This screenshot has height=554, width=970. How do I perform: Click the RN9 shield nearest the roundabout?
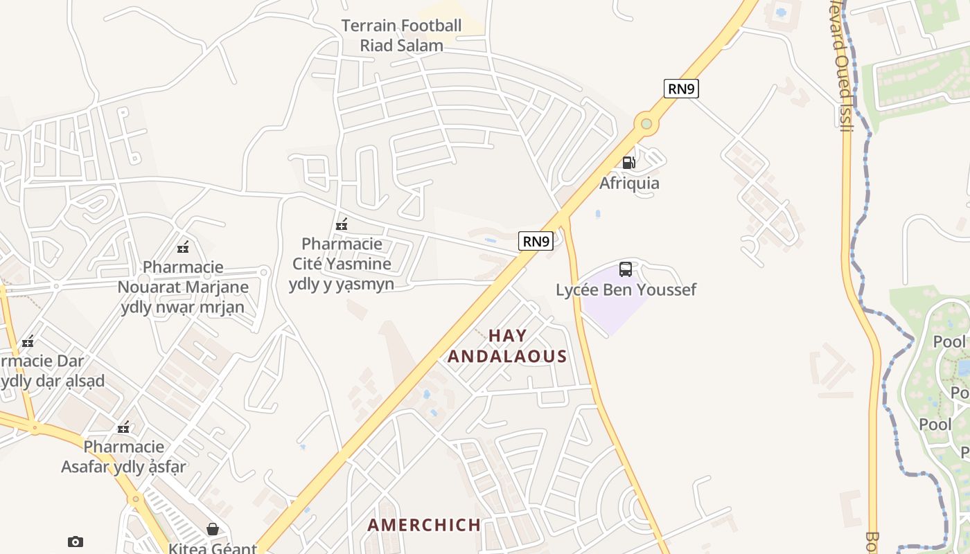point(681,89)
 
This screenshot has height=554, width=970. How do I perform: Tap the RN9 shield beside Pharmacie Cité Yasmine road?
point(536,241)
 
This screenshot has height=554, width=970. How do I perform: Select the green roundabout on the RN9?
point(646,124)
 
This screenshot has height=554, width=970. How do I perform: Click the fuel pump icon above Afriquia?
point(628,163)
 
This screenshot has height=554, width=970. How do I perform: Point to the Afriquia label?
point(629,184)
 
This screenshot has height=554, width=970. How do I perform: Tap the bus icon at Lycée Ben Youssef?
point(625,269)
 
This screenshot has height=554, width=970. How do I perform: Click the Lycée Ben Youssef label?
point(626,289)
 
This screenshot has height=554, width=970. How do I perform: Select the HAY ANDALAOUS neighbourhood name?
point(507,346)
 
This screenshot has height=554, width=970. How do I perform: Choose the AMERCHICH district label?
point(424,525)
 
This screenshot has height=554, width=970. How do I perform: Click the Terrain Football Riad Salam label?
point(401,36)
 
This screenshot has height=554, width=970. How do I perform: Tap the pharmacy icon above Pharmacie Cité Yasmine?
point(341,224)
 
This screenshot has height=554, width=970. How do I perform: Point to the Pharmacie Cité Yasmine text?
point(342,264)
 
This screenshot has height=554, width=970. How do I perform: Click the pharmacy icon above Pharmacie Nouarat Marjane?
point(183,247)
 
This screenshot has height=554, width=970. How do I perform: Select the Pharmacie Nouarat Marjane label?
point(183,287)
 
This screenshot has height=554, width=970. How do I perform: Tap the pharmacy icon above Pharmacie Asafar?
point(124,427)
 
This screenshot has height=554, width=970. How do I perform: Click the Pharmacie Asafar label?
point(124,456)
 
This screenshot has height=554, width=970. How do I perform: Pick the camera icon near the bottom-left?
point(76,542)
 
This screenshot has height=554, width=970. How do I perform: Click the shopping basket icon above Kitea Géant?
point(213,529)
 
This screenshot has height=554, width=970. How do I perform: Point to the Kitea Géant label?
point(213,548)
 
